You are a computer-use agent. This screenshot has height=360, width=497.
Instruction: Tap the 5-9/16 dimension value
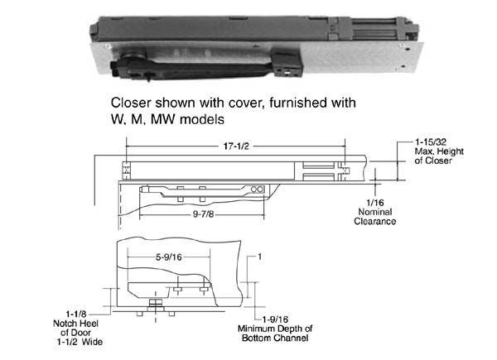coord(170,256)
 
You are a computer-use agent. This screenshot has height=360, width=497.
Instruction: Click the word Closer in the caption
coord(135,103)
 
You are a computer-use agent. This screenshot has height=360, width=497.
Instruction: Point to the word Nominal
coord(379,213)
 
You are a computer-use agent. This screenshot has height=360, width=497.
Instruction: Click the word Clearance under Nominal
coord(379,222)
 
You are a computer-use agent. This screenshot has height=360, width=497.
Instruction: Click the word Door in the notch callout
coord(86,334)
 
